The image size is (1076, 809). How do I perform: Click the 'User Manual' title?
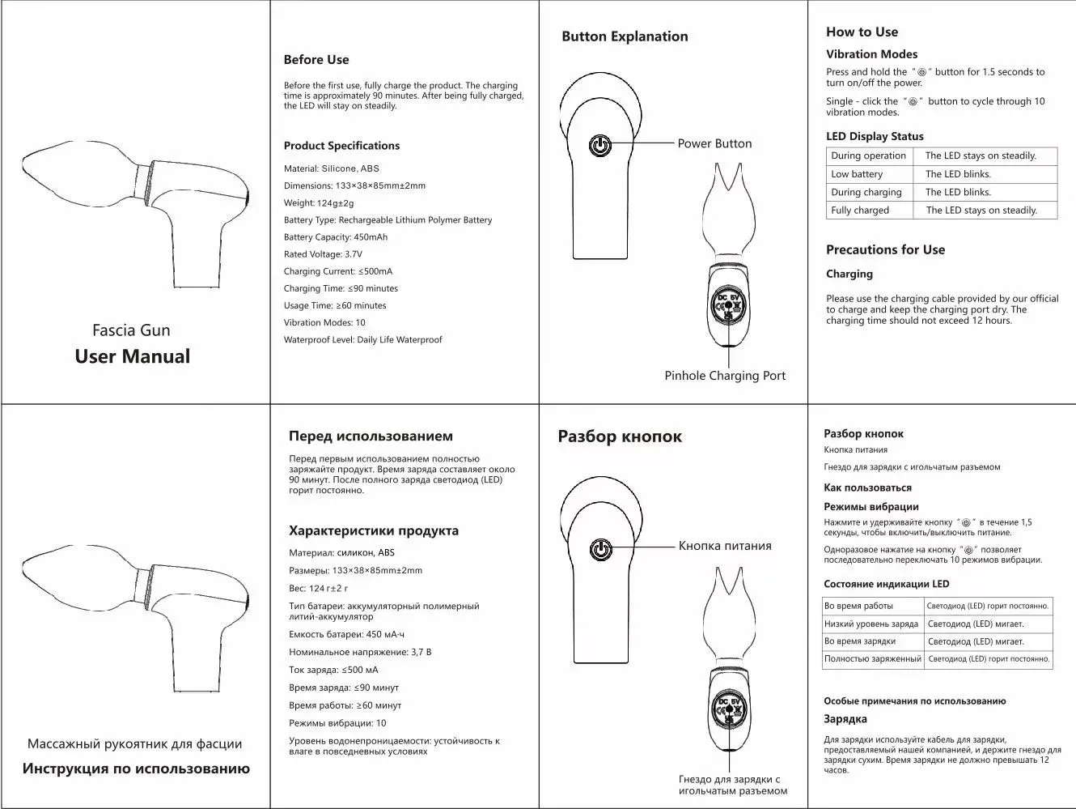(132, 356)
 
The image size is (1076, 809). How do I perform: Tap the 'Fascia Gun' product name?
(131, 330)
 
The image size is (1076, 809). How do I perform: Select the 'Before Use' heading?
(316, 59)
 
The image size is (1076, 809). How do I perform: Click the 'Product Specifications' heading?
(341, 146)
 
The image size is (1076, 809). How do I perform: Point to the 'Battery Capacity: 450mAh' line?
(335, 237)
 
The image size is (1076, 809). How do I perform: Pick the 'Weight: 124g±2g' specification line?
(318, 203)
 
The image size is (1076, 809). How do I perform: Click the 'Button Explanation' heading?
(625, 36)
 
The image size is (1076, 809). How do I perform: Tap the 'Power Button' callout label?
(714, 143)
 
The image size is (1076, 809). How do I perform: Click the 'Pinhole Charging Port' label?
(725, 376)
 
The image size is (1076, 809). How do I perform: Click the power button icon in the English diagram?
(599, 146)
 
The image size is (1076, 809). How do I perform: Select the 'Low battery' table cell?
(857, 174)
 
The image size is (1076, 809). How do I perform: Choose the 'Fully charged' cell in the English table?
(859, 211)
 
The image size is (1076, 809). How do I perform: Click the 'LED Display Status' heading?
(875, 136)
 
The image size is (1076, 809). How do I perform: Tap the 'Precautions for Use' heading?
(885, 249)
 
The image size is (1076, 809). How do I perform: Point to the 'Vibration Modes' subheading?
(871, 54)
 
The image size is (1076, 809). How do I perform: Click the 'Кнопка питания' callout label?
(725, 546)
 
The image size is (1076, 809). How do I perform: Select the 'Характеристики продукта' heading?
(374, 531)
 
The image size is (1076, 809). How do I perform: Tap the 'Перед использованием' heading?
(371, 436)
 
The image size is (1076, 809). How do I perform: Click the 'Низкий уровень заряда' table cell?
(871, 624)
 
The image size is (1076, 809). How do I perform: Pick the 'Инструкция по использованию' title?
(136, 769)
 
